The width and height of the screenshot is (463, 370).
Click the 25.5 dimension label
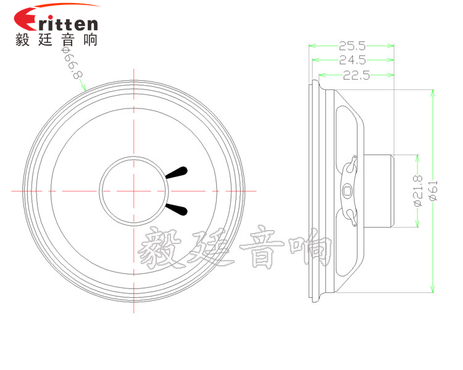coord(352,45)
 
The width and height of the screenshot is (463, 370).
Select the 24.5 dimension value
coord(352,60)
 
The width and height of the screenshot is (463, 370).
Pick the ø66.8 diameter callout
coord(72,63)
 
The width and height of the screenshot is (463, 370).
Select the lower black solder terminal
coord(177,209)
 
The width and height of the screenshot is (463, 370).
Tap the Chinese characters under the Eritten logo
coord(56,41)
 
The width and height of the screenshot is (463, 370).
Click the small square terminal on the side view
coord(349,191)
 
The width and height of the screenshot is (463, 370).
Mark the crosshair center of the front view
coord(133,191)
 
